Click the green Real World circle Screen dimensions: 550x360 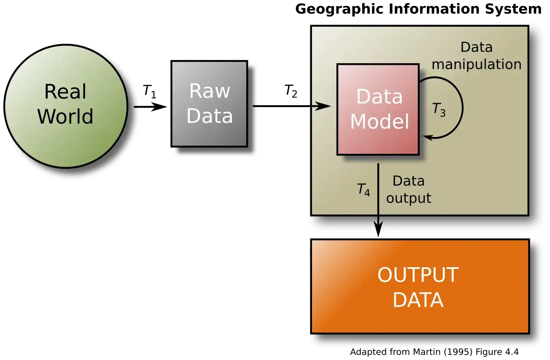66,107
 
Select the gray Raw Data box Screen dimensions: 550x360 209,104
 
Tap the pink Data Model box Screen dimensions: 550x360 378,110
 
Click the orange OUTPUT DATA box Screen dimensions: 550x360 420,287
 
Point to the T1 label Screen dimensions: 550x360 149,92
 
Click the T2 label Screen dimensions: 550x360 291,91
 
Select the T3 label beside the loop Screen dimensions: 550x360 439,110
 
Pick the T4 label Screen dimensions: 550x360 364,190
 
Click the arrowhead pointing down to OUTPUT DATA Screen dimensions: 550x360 378,229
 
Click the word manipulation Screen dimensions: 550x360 477,64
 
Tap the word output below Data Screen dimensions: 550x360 409,198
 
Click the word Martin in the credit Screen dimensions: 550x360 427,352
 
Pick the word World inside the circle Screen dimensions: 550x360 65,116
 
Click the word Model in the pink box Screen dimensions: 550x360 379,121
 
